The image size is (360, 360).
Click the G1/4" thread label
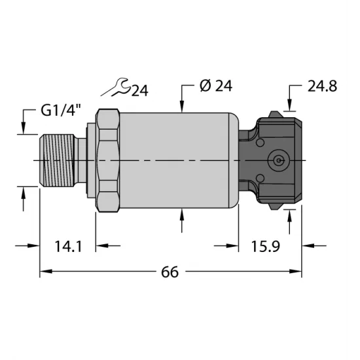coord(61,110)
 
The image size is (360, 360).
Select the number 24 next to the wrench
coord(139,91)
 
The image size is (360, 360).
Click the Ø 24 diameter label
coord(216,86)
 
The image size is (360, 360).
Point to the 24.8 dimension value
coord(322,86)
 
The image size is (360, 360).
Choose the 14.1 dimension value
coord(68,247)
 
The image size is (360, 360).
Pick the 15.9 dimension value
coord(266,247)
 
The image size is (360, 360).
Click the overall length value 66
coord(170,272)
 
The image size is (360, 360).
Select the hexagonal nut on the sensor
coord(108,160)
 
